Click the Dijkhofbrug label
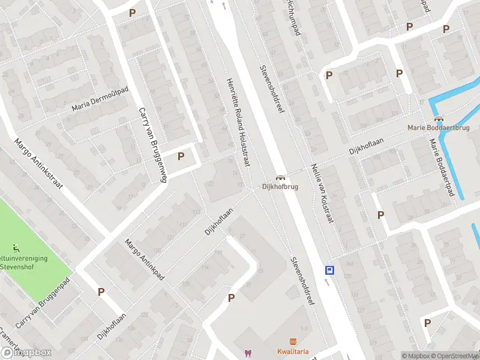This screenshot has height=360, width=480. [x=280, y=187]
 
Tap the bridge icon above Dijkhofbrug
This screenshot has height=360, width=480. [x=280, y=178]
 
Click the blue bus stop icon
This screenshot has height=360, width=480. [x=329, y=270]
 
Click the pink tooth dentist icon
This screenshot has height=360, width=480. [x=247, y=353]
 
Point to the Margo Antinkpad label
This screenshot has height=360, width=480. [x=144, y=260]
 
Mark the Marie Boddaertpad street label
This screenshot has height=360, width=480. [x=440, y=170]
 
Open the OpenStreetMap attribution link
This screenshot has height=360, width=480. [x=455, y=356]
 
